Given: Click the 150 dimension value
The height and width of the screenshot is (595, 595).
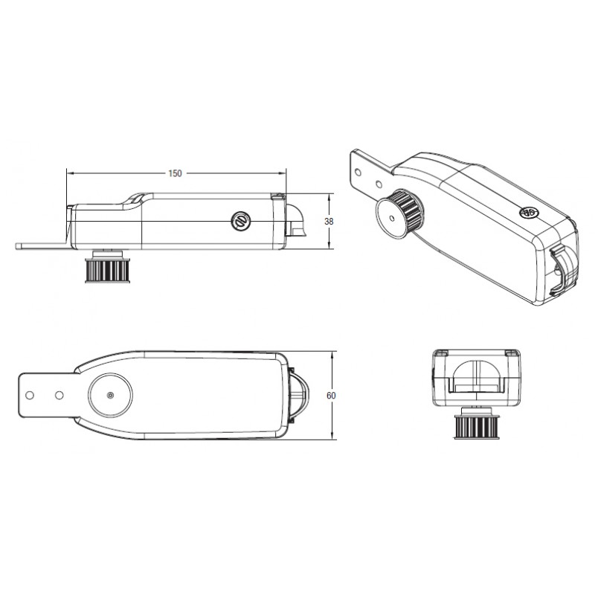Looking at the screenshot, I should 174,173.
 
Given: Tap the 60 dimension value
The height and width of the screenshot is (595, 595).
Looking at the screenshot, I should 331,395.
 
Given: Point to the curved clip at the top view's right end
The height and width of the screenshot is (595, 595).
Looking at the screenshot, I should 297,394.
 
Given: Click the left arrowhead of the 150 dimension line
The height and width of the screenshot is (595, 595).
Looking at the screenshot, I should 69,173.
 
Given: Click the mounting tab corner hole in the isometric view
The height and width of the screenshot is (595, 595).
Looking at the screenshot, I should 360,170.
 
